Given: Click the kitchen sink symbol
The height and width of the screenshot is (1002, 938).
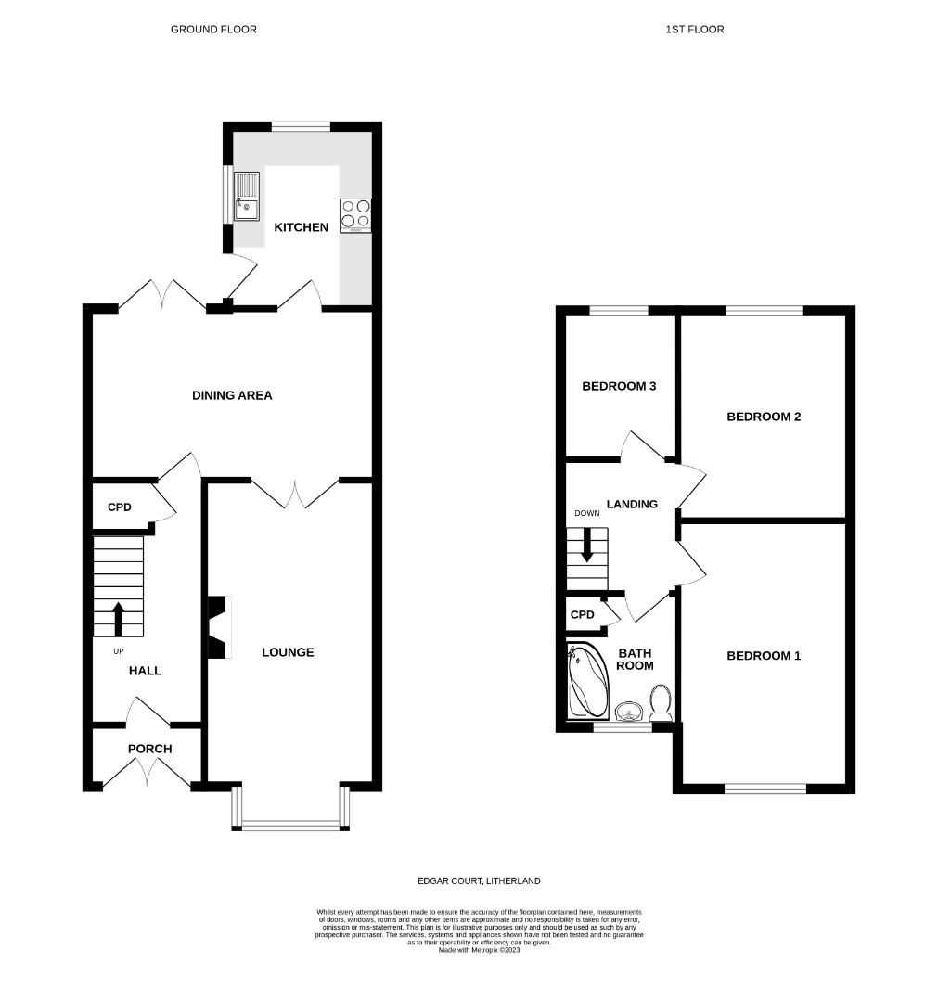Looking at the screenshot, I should [x=247, y=197].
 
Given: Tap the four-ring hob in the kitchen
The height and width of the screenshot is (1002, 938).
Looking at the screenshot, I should [x=356, y=215].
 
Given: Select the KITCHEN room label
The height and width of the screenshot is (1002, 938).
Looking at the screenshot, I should [x=301, y=227].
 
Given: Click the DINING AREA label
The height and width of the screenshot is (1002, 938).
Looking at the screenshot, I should [x=232, y=395].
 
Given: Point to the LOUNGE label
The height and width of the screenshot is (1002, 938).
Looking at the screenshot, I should [x=288, y=652].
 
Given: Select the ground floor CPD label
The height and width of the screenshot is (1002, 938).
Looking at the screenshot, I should [x=120, y=507].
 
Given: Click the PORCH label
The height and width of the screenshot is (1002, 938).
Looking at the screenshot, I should [x=149, y=749].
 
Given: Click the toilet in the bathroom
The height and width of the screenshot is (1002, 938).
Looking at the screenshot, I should [x=661, y=702].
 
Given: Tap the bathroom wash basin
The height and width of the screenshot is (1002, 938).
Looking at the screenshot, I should [x=629, y=712].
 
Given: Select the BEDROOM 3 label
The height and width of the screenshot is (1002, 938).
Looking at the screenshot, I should [x=619, y=386].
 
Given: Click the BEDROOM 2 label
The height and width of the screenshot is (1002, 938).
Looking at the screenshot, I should [x=763, y=417].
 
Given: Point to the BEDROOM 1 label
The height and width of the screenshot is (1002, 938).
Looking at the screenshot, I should [x=763, y=656].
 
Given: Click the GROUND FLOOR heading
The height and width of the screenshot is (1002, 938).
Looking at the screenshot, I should [x=213, y=30].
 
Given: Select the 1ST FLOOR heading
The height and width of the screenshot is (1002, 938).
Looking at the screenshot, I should [x=694, y=30].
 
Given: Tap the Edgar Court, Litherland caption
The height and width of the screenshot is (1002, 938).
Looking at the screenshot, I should [x=477, y=880].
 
